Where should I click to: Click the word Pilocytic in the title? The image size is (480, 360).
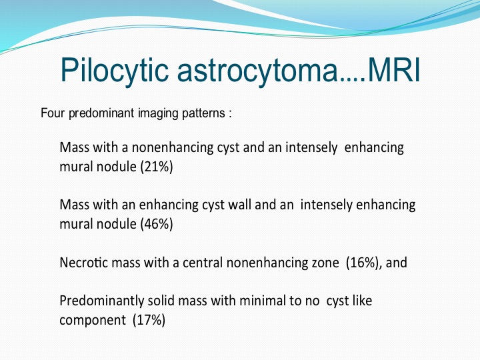tap(115, 70)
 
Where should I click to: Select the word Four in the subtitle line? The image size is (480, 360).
tap(53, 113)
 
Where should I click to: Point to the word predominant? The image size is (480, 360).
tap(101, 113)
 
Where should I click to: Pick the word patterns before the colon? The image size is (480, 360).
tap(203, 113)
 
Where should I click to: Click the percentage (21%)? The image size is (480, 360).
tap(157, 167)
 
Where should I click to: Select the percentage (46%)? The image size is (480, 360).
tap(157, 224)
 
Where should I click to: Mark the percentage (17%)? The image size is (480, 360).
tap(149, 320)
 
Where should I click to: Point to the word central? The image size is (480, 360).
tap(203, 263)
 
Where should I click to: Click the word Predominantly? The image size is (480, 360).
tap(101, 301)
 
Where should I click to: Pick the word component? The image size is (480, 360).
tap(93, 321)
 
